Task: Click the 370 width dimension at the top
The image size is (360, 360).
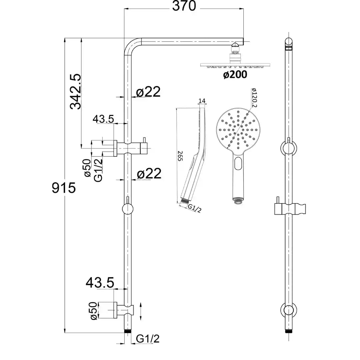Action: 184,6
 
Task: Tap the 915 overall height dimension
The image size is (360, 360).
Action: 64,188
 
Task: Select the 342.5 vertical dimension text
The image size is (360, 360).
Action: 76,92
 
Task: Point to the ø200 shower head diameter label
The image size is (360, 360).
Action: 235,75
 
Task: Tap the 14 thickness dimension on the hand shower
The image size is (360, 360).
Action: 202,100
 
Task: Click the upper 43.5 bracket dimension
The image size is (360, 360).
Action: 103,119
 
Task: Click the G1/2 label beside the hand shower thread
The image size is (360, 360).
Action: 195,209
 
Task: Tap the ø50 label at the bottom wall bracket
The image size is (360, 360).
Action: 94,311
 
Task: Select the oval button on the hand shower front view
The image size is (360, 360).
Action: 238,164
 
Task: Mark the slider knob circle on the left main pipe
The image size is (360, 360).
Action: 127,209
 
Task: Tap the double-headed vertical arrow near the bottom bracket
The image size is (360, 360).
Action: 142,311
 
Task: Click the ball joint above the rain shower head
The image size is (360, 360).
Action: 236,44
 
